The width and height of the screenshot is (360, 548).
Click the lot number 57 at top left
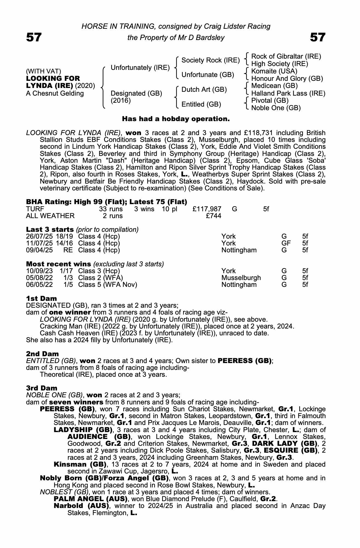click(x=34, y=37)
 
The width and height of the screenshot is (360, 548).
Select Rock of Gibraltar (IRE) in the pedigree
click(x=286, y=56)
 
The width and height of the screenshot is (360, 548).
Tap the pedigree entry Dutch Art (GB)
click(x=204, y=90)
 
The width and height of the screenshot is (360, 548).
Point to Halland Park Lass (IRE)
click(x=288, y=93)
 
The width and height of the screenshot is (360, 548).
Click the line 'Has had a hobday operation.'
click(x=175, y=119)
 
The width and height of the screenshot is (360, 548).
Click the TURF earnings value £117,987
click(x=207, y=209)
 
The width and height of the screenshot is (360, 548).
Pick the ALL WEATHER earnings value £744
click(x=214, y=216)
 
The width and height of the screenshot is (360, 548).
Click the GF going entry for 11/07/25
click(x=286, y=243)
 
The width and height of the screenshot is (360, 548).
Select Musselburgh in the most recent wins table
click(x=241, y=278)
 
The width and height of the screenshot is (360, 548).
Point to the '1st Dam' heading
click(x=41, y=298)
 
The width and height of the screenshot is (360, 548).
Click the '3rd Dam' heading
click(x=42, y=388)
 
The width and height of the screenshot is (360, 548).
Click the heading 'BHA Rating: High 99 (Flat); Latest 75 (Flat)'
click(x=106, y=202)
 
